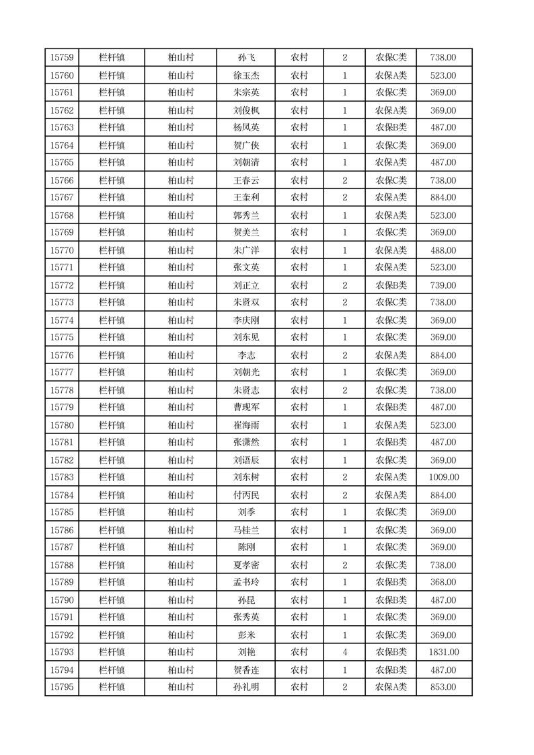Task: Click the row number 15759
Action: pos(62,58)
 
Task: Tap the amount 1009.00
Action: pos(443,477)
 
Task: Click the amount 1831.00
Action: pos(443,652)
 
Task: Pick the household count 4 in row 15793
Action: pos(344,652)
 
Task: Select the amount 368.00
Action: pos(443,582)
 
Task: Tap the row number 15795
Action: pos(62,687)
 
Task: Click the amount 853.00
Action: pos(443,687)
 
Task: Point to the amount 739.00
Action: pos(443,285)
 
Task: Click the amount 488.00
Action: pos(443,250)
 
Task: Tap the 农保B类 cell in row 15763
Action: pos(391,127)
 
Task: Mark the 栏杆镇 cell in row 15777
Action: pos(112,372)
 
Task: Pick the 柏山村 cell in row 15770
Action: pos(180,250)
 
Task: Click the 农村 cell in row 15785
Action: pos(299,512)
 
